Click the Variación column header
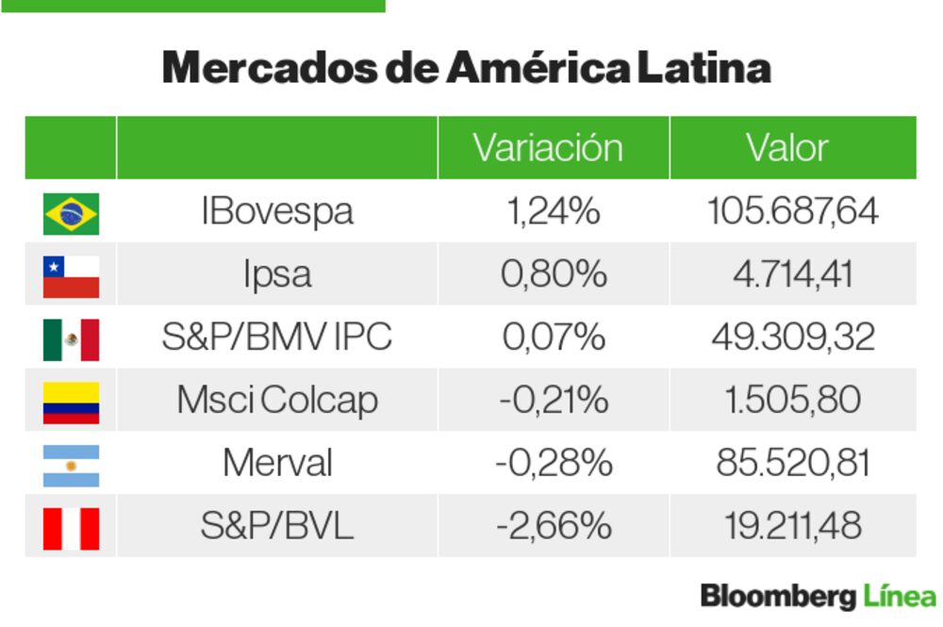[548, 148]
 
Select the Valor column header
[786, 148]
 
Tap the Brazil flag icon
[71, 213]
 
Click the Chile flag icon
[71, 276]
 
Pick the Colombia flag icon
[71, 402]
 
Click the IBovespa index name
[277, 211]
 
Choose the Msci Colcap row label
[277, 400]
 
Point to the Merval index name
[277, 463]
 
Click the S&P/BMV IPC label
[276, 338]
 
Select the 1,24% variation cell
[554, 211]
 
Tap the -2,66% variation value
[554, 526]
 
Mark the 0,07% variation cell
[554, 338]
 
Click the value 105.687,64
[792, 211]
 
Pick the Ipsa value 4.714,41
[792, 274]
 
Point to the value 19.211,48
[792, 526]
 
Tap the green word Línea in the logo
[899, 597]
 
